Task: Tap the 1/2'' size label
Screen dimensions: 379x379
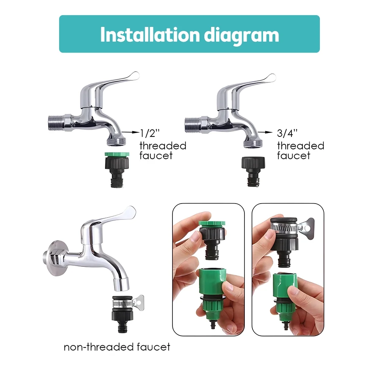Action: (150, 133)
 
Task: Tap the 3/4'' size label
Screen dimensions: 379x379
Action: (287, 133)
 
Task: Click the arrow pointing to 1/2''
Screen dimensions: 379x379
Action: (131, 132)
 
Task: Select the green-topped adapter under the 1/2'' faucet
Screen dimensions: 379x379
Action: (116, 169)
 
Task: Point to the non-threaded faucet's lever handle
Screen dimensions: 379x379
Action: (110, 216)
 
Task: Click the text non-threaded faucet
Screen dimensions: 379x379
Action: (117, 346)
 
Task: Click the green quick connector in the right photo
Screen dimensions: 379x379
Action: (284, 292)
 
